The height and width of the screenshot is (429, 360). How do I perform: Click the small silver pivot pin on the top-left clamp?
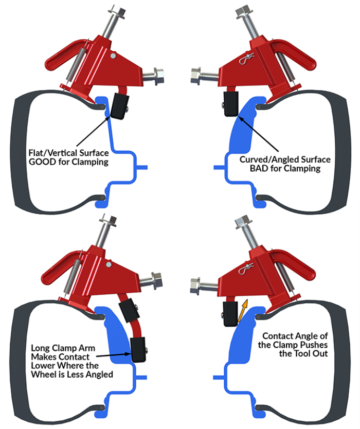click(x=112, y=56)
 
